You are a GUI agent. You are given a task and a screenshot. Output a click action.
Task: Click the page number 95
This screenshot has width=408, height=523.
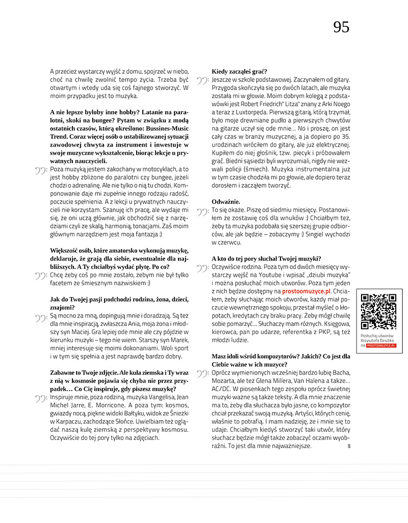click(341, 27)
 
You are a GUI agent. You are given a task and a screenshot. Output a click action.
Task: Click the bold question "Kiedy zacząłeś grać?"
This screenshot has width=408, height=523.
click(239, 71)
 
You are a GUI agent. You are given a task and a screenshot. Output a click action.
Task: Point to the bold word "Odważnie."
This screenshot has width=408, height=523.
click(226, 201)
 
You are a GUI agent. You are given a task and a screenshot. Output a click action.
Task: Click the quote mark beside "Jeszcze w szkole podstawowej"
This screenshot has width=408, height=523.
click(202, 81)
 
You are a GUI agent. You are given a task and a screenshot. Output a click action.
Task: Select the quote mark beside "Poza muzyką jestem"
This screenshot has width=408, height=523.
click(41, 171)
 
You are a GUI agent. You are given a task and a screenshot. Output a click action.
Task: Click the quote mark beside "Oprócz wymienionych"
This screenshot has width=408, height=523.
click(202, 374)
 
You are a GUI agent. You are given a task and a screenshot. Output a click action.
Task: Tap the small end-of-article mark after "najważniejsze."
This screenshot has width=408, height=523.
click(349, 447)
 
